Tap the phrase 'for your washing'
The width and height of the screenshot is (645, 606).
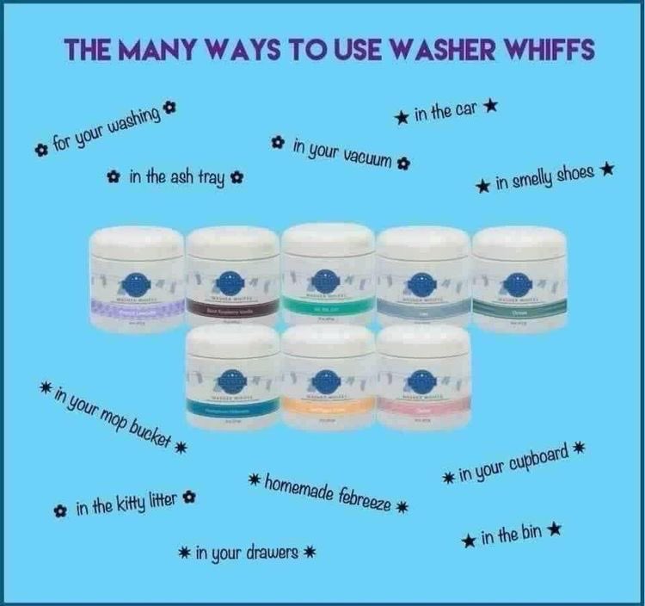106,130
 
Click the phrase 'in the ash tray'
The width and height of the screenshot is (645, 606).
176,177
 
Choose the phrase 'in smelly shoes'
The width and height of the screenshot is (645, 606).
545,177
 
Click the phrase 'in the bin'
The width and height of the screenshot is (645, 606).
511,536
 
